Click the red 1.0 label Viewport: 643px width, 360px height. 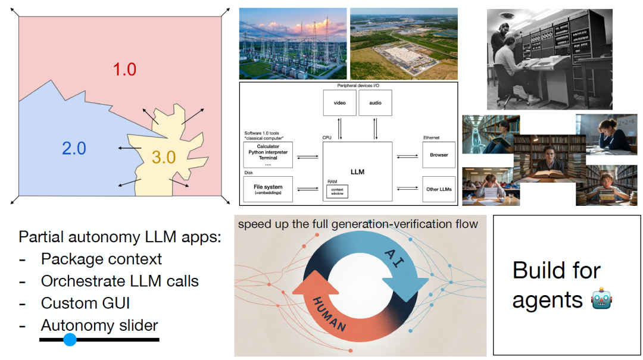pos(125,69)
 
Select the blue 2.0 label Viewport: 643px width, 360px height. pos(74,148)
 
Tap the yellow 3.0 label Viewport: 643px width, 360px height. pos(164,158)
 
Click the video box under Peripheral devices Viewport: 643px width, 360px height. pos(339,103)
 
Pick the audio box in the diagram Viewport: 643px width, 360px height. pos(375,103)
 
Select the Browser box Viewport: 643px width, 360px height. pos(439,155)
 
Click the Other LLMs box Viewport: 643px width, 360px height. pos(439,189)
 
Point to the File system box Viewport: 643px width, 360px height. pos(268,189)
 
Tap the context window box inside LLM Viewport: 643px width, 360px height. pos(338,191)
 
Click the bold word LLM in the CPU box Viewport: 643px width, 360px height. pos(357,172)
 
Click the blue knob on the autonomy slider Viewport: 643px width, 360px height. pos(70,340)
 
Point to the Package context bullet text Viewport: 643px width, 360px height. pos(101,259)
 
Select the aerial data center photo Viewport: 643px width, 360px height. pos(404,43)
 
